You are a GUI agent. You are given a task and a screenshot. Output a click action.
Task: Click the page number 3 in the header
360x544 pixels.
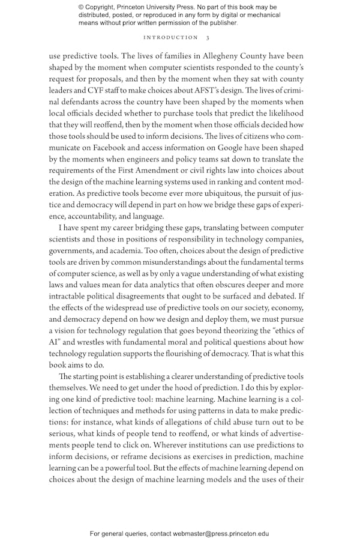pyautogui.click(x=207, y=37)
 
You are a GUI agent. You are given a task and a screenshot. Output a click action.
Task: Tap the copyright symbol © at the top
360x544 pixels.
pyautogui.click(x=82, y=7)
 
